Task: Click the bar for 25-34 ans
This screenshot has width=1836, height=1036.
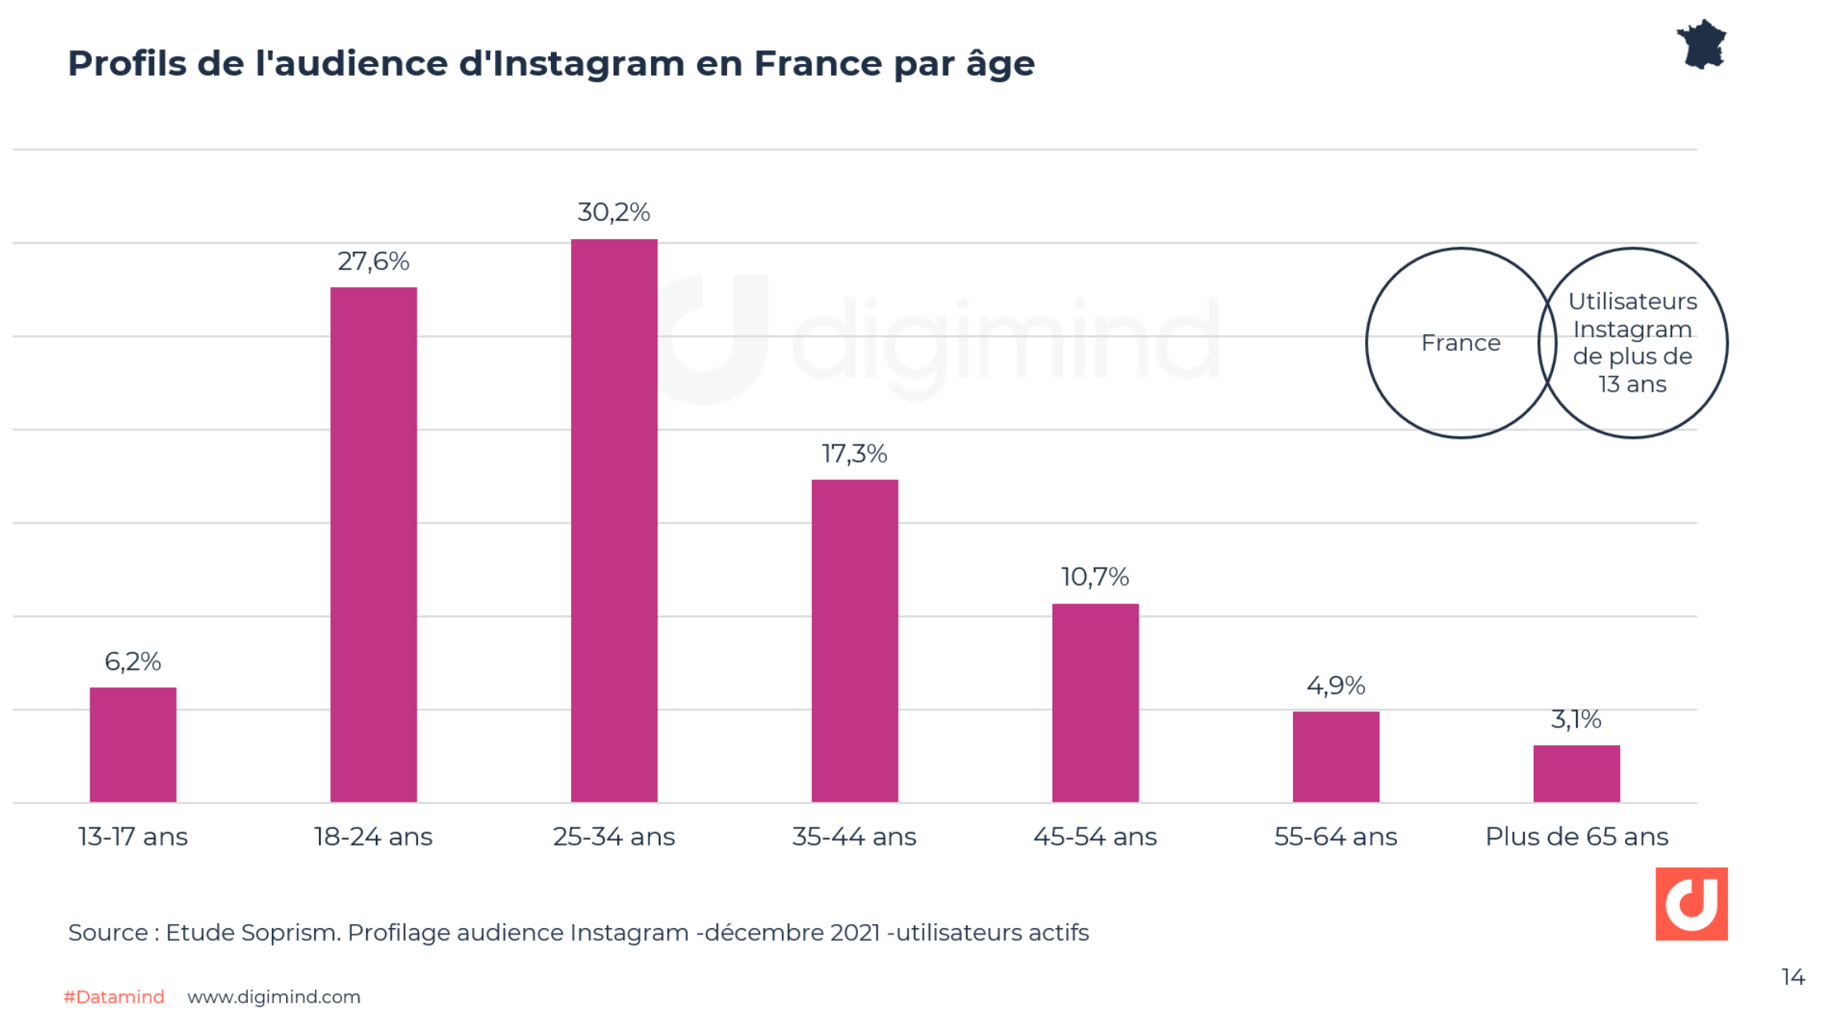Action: click(613, 520)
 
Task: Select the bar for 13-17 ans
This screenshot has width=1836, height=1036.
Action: click(133, 744)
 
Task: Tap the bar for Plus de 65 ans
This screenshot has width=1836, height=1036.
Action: click(1575, 773)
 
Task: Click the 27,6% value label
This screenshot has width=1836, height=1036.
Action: click(373, 261)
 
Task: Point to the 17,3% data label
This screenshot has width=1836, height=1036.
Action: click(854, 454)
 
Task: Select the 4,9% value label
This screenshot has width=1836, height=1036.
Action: click(1335, 686)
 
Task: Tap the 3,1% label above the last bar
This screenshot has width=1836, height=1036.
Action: click(1575, 719)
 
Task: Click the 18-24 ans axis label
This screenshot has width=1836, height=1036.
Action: click(373, 837)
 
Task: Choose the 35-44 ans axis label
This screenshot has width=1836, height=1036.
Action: click(854, 837)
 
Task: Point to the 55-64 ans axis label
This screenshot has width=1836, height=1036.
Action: click(1335, 837)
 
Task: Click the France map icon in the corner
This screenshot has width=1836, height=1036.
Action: click(1702, 45)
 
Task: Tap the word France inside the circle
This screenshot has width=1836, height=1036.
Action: click(1460, 343)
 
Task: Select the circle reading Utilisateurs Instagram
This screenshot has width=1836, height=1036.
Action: click(1632, 343)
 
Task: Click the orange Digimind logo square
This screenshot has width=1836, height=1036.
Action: click(1690, 903)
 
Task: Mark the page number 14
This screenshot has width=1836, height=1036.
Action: click(1792, 977)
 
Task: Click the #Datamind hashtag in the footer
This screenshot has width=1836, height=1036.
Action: click(114, 997)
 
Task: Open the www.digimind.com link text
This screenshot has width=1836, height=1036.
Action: click(273, 997)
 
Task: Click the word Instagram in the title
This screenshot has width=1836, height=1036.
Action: click(588, 64)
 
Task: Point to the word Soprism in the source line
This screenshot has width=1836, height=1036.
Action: click(290, 933)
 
